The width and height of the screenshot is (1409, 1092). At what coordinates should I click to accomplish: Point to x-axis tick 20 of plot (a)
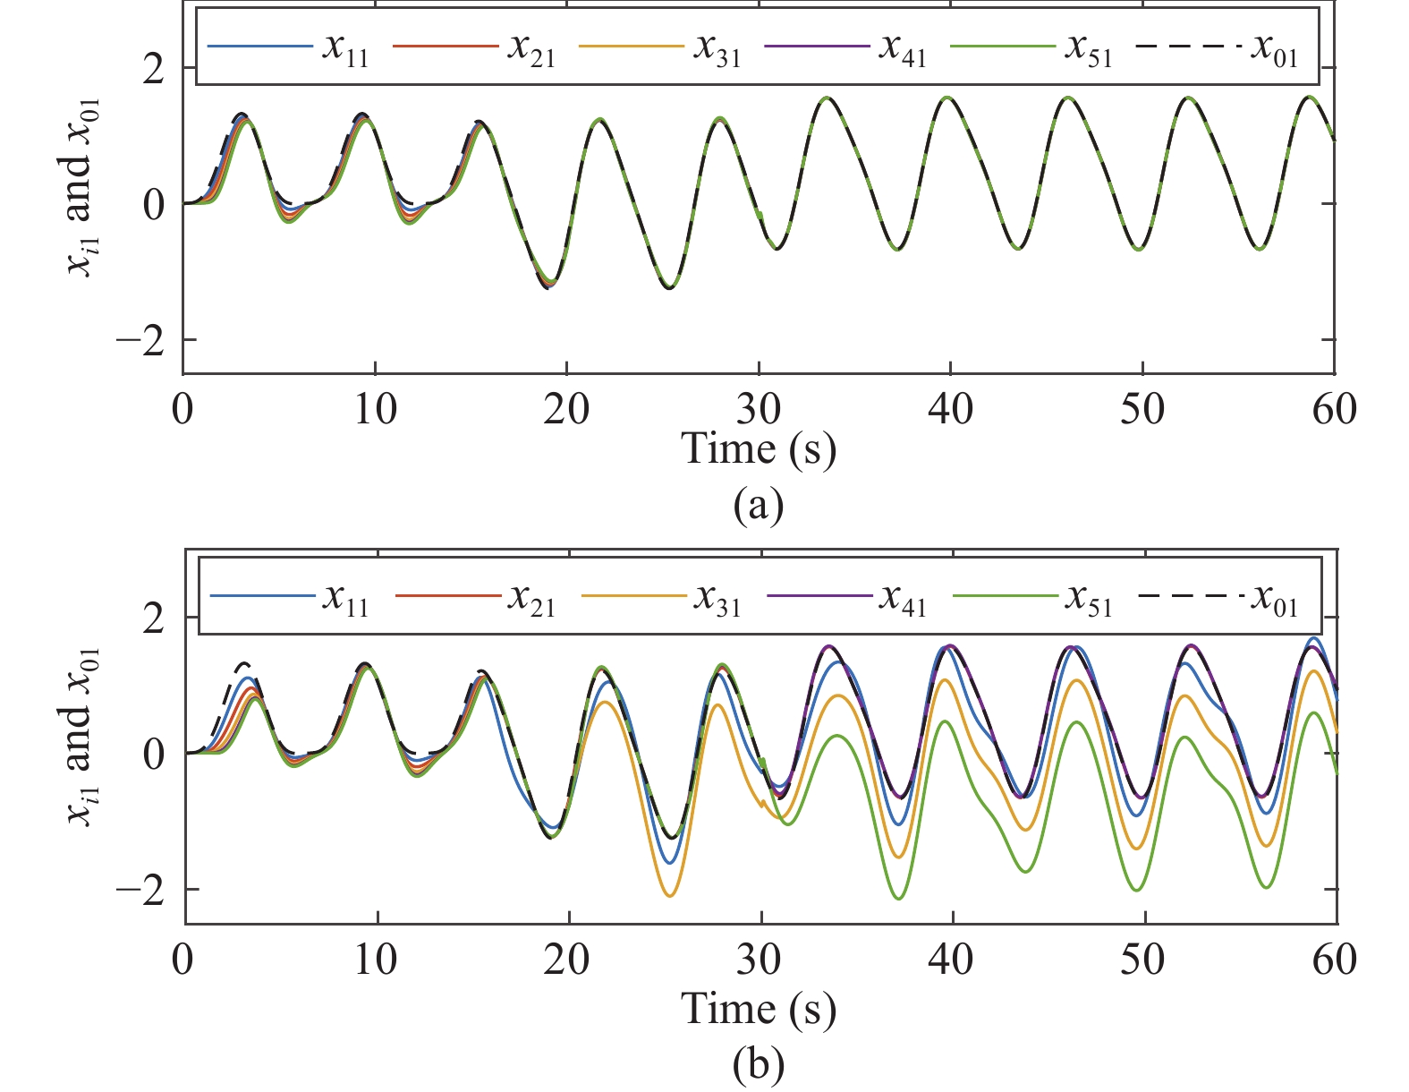point(567,410)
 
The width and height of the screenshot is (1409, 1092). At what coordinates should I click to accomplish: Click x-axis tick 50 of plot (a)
point(1142,410)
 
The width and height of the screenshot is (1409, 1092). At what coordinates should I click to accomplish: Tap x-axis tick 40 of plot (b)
point(951,960)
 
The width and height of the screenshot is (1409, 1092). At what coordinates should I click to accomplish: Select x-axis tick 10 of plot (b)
point(375,960)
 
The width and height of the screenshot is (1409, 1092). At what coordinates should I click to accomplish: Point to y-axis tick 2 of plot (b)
point(154,618)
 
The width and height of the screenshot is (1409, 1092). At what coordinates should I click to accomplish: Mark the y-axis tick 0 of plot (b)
point(154,754)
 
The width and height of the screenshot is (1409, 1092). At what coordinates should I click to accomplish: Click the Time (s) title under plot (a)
point(759,448)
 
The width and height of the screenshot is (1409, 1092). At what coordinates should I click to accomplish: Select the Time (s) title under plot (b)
point(759,1009)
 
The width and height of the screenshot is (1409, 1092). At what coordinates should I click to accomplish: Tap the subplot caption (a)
point(758,506)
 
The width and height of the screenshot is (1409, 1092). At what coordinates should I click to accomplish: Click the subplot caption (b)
point(758,1065)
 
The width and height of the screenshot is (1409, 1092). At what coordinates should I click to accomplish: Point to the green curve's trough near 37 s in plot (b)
point(898,898)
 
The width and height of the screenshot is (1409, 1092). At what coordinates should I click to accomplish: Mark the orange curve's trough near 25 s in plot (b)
point(670,895)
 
